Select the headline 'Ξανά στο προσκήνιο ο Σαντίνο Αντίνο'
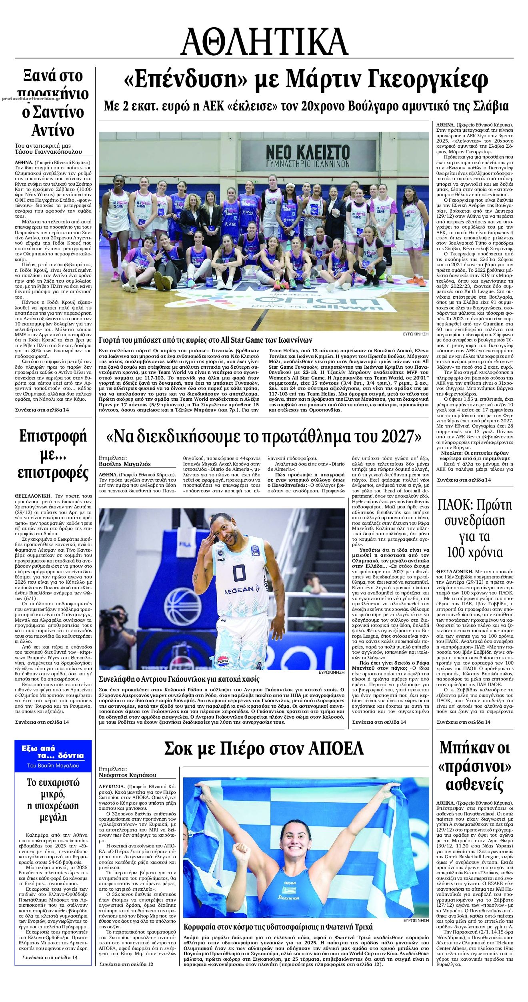(54, 103)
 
